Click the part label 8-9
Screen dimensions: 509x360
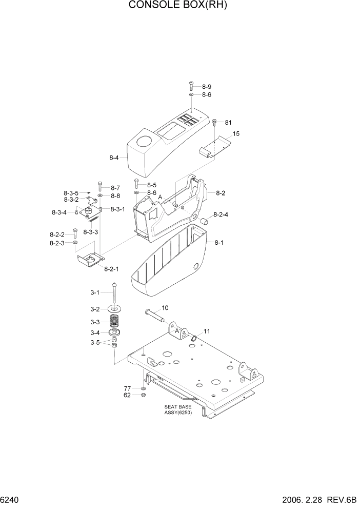206,87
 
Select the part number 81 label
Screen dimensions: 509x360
228,122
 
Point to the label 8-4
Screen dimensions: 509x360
114,158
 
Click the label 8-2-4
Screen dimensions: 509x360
221,214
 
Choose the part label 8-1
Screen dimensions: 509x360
219,242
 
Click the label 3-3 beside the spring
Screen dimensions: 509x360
95,322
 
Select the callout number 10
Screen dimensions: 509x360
165,308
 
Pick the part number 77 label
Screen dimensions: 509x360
127,388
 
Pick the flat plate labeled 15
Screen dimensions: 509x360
215,146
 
